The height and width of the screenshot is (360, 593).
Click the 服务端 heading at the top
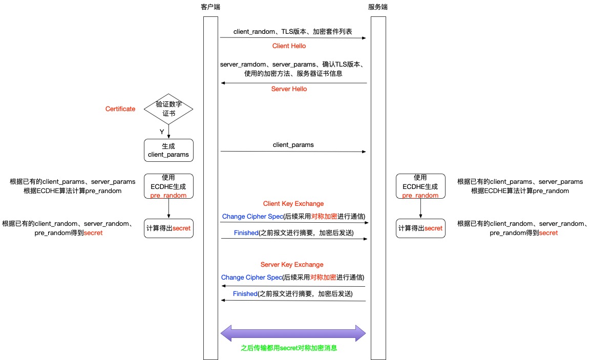[378, 7]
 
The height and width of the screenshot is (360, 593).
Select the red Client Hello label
[289, 46]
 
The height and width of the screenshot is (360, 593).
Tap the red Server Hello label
[289, 89]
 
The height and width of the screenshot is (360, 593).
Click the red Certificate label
[120, 109]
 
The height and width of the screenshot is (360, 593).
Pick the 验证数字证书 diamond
[168, 109]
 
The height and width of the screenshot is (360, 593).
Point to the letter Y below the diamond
[162, 132]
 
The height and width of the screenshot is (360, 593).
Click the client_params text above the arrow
[293, 145]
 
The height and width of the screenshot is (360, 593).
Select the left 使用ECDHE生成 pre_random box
[168, 186]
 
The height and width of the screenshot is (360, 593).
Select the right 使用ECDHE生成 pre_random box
[420, 186]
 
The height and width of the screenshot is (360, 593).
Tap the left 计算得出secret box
[168, 228]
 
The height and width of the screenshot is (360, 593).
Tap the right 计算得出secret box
[420, 228]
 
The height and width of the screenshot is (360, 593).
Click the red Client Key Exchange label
[293, 204]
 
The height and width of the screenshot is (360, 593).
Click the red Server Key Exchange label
[292, 265]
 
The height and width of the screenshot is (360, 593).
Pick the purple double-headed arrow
[293, 334]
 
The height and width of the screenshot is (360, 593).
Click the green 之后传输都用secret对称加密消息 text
[289, 348]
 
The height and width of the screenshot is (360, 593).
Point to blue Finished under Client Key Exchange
[245, 233]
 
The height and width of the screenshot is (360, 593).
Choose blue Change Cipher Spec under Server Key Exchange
[251, 278]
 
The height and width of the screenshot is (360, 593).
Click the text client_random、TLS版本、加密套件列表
[292, 32]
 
